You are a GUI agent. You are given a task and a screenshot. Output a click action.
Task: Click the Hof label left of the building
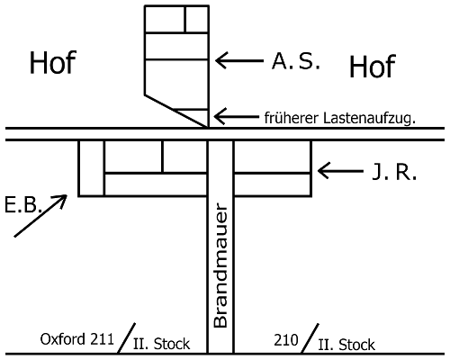click(x=53, y=62)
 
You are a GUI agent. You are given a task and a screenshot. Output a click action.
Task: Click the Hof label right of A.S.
click(x=373, y=67)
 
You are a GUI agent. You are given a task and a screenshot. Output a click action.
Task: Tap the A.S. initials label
click(x=296, y=61)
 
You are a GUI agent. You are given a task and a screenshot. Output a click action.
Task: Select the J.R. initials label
click(x=394, y=173)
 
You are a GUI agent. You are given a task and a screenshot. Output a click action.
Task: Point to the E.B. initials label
click(x=23, y=205)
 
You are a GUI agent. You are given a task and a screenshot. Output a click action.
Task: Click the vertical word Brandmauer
click(x=220, y=265)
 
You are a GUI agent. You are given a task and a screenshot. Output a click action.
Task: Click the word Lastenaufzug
click(x=369, y=118)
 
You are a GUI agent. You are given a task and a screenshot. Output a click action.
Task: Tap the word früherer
click(x=292, y=118)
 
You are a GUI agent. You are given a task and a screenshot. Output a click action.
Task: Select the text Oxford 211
click(x=77, y=339)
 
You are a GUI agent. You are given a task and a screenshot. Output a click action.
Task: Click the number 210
click(x=286, y=340)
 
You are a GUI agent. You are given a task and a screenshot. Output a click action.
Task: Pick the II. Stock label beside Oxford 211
click(x=161, y=344)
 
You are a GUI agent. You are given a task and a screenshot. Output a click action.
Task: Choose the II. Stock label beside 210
click(x=346, y=345)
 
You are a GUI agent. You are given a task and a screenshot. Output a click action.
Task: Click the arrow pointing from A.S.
click(x=239, y=60)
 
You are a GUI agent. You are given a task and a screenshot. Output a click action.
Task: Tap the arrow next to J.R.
click(x=340, y=171)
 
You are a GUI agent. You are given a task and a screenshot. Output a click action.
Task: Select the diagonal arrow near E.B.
click(x=40, y=216)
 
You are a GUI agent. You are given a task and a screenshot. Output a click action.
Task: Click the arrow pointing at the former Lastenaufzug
click(x=237, y=116)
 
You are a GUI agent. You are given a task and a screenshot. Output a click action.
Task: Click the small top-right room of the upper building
click(x=197, y=19)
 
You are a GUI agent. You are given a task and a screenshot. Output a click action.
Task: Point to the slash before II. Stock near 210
click(x=310, y=338)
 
